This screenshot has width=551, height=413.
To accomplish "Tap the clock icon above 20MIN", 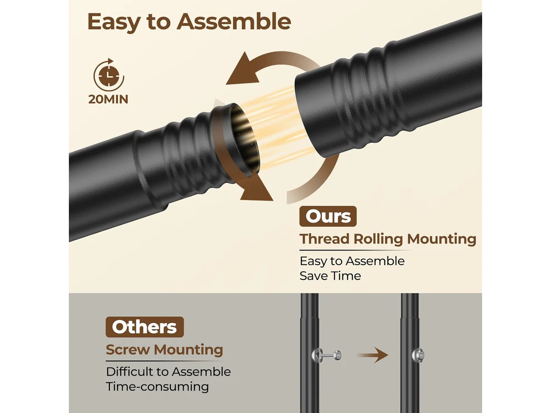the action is point(109,75).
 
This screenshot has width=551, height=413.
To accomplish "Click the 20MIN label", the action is point(108,99).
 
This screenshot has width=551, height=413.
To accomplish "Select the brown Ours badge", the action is point(328,216).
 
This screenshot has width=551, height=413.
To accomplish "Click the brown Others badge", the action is point(145,327).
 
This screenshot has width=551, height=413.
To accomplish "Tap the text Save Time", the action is point(330,276).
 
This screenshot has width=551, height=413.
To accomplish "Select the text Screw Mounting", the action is point(164,350).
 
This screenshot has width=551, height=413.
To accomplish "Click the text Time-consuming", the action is point(157,386).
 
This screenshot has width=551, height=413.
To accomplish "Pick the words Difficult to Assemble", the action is point(168,372).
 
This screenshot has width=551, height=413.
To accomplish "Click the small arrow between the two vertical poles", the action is point(372,355).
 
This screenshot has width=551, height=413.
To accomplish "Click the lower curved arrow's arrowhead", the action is point(257,187).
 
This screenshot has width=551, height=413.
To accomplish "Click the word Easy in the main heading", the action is point(114,22).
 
